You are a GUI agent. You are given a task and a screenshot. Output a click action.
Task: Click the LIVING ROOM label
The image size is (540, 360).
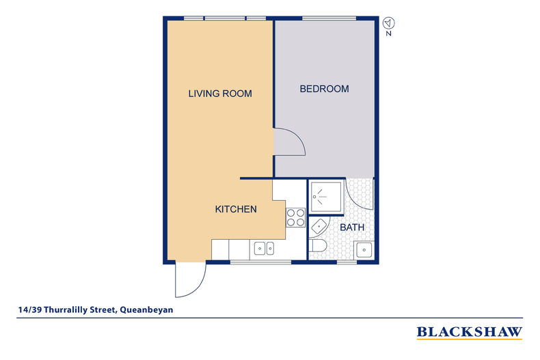coord(220,94)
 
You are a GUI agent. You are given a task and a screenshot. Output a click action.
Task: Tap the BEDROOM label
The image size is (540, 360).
coord(324,89)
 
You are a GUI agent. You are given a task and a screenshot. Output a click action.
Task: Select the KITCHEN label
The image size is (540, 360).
coord(236,209)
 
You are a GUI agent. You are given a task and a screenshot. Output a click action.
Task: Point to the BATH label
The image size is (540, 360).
coord(352,227)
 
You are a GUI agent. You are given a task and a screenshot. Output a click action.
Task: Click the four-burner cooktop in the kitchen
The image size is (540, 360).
coord(296,217)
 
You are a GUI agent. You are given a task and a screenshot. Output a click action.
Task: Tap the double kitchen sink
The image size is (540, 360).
coord(264,248)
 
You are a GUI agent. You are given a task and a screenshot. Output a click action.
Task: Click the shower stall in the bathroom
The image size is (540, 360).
coord(326,197)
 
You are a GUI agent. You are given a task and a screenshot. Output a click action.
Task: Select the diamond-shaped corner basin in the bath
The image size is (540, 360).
coord(319,227)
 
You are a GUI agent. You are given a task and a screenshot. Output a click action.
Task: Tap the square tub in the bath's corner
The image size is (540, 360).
coord(364,250)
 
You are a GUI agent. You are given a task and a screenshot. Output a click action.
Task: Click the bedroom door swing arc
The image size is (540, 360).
coord(299,137)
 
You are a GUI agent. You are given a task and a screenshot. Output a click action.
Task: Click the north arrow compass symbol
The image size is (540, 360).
coord(389,23)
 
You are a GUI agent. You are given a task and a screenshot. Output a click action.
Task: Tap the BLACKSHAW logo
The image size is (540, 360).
coord(470,332)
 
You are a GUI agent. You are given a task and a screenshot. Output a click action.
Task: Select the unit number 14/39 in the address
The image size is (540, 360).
coord(30,309)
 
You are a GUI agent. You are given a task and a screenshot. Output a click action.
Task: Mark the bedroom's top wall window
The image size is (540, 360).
coord(329,18)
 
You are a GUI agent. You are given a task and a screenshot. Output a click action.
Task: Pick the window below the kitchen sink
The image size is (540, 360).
coord(260,262)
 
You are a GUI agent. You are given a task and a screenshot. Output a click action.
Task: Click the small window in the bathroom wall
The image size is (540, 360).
coord(347,262)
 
